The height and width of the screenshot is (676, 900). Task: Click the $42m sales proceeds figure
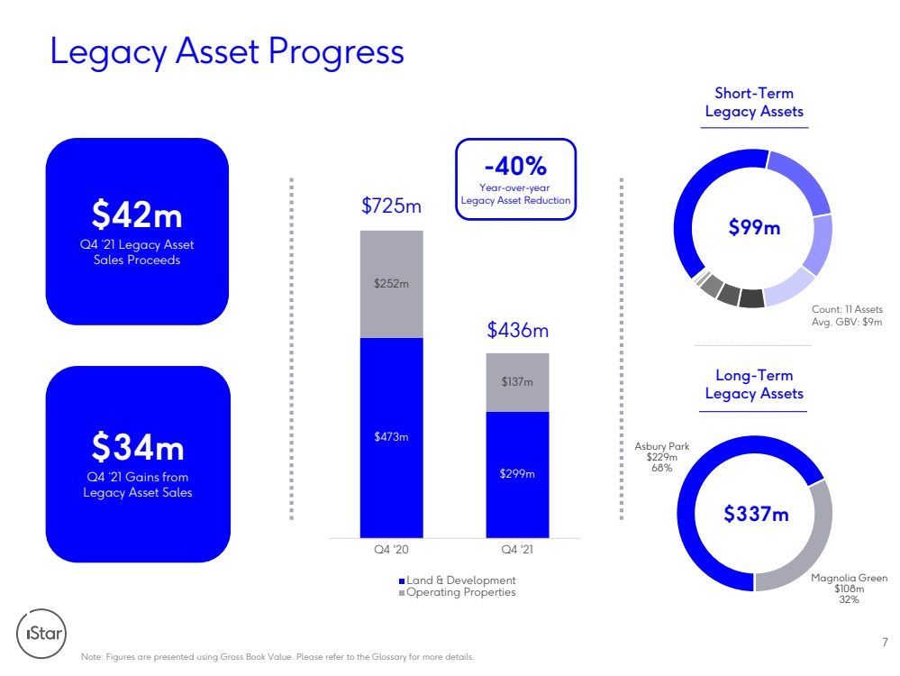pyautogui.click(x=137, y=215)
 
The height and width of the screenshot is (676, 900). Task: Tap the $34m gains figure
pyautogui.click(x=138, y=447)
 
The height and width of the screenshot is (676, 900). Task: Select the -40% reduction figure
pyautogui.click(x=515, y=166)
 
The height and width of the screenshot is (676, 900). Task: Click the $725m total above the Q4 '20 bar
pyautogui.click(x=392, y=206)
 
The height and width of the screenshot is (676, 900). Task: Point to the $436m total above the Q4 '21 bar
pyautogui.click(x=518, y=330)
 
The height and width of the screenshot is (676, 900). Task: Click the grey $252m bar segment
pyautogui.click(x=392, y=284)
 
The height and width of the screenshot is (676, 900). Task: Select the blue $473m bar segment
pyautogui.click(x=392, y=438)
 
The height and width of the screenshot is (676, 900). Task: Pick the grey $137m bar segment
pyautogui.click(x=517, y=382)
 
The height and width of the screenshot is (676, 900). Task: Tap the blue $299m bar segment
pyautogui.click(x=517, y=474)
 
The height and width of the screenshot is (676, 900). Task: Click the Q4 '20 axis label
pyautogui.click(x=392, y=550)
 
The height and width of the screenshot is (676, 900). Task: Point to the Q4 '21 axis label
pyautogui.click(x=517, y=550)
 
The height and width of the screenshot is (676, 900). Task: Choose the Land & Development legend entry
pyautogui.click(x=458, y=580)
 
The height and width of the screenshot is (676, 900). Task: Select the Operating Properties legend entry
pyautogui.click(x=458, y=592)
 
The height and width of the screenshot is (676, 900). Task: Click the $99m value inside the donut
pyautogui.click(x=754, y=227)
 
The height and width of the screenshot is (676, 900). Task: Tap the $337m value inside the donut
pyautogui.click(x=756, y=514)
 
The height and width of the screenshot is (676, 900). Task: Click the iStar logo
pyautogui.click(x=41, y=634)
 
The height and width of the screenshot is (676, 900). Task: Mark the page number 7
pyautogui.click(x=885, y=642)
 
